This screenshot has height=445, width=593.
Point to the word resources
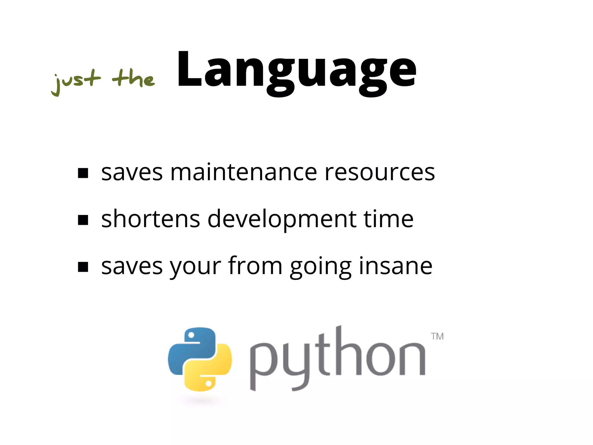[380, 173]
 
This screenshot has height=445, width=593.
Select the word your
[195, 267]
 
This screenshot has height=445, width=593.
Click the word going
[321, 267]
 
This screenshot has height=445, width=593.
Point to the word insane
[396, 266]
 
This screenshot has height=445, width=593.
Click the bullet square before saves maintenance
[83, 173]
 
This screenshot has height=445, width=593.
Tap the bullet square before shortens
[83, 220]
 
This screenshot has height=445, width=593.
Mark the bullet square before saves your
[83, 267]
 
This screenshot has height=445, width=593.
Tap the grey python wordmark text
[337, 359]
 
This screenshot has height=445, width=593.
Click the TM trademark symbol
[437, 336]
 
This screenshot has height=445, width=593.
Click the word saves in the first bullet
[132, 173]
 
